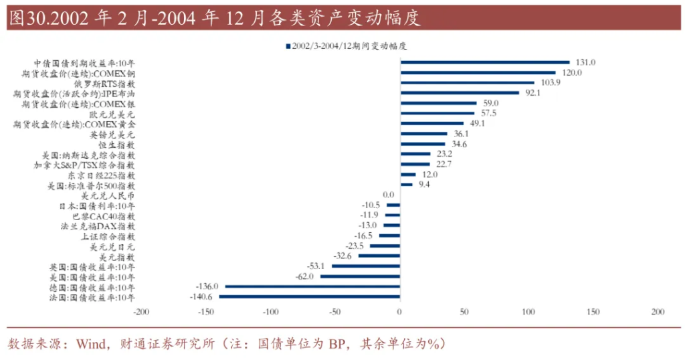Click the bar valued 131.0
[484, 62]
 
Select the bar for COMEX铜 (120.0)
[478, 72]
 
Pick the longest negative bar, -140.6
[309, 296]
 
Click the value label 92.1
[532, 93]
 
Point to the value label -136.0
[207, 286]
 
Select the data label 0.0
[388, 195]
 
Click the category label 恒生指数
[116, 145]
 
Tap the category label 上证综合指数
[108, 236]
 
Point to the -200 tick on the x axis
[141, 312]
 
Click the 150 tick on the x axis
[593, 312]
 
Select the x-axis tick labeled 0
[399, 312]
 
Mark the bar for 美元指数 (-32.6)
[379, 256]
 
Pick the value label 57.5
[491, 114]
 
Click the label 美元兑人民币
[108, 195]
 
